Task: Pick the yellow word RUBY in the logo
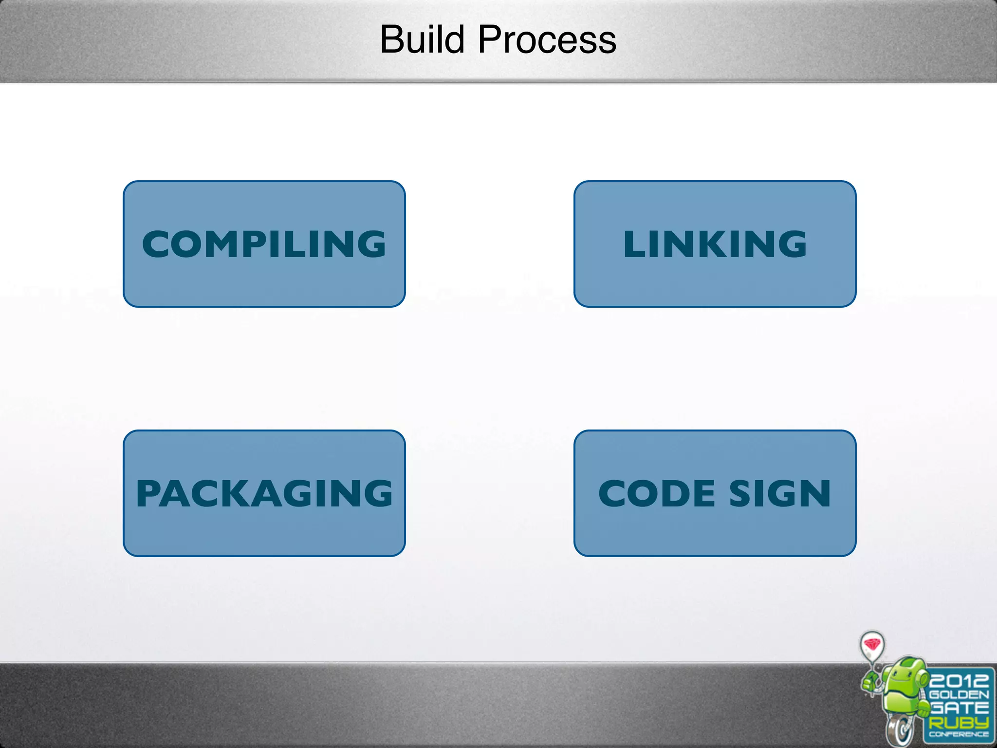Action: pos(959,721)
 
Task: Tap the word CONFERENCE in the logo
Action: pos(959,734)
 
